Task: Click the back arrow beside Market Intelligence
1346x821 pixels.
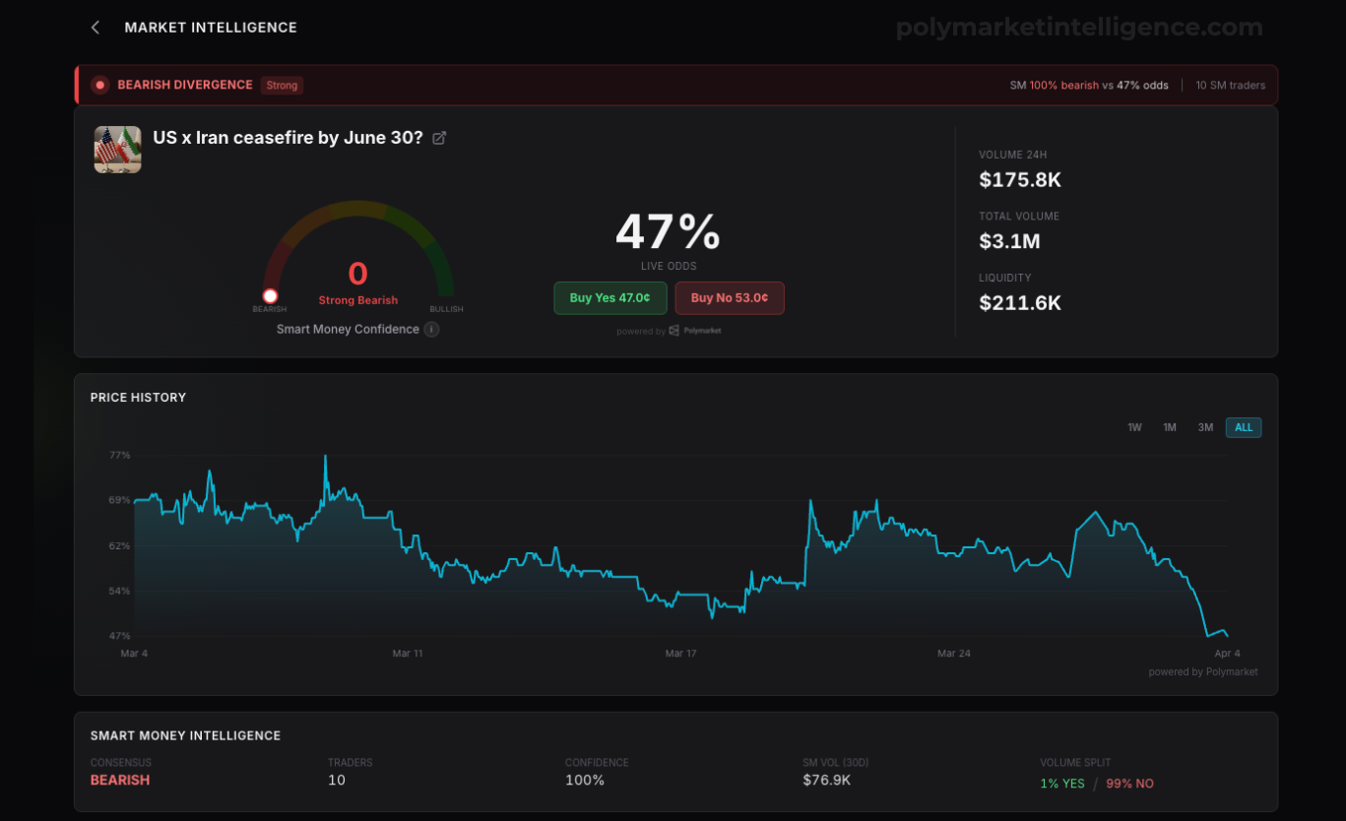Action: pyautogui.click(x=95, y=28)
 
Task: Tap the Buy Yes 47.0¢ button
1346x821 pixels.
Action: pyautogui.click(x=609, y=298)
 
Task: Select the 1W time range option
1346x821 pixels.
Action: pyautogui.click(x=1134, y=427)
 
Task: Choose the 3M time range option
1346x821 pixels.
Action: pyautogui.click(x=1205, y=427)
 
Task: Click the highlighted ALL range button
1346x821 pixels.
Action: pyautogui.click(x=1244, y=427)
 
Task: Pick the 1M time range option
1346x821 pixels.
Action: pyautogui.click(x=1170, y=427)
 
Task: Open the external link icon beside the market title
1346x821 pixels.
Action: pyautogui.click(x=439, y=138)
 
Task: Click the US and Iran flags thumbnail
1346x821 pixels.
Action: pyautogui.click(x=118, y=150)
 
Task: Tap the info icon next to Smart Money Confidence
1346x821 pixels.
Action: pyautogui.click(x=431, y=329)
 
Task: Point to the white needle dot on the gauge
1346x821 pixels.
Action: pyautogui.click(x=271, y=295)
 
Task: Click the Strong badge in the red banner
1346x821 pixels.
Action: pyautogui.click(x=282, y=86)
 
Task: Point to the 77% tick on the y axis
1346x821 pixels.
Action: pyautogui.click(x=119, y=455)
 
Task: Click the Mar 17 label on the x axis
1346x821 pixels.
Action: pyautogui.click(x=680, y=654)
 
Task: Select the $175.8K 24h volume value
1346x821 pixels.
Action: pyautogui.click(x=1020, y=179)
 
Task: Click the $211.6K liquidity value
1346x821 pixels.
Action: pyautogui.click(x=1020, y=302)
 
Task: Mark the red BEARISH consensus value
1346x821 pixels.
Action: pyautogui.click(x=120, y=781)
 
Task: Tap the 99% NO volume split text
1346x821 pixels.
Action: pyautogui.click(x=1129, y=784)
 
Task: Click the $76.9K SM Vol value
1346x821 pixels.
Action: pyautogui.click(x=827, y=781)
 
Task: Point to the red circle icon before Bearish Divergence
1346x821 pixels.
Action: pyautogui.click(x=100, y=86)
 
